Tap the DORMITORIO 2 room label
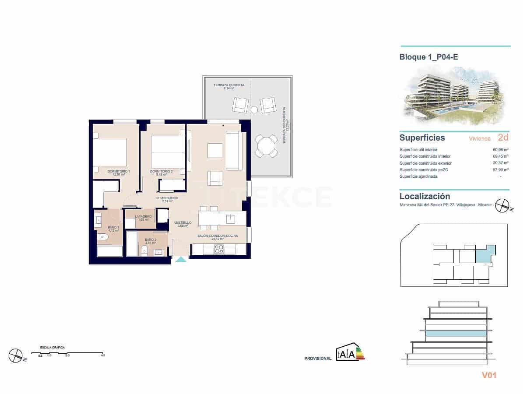coord(161,171)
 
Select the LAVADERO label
coord(143,217)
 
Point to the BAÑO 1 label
coord(113,228)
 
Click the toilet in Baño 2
coord(144,250)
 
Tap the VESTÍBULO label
coord(183,223)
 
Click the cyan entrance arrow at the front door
coord(181,259)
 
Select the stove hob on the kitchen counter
coord(218,249)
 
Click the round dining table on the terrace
coord(266,146)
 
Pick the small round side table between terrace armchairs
coord(254,109)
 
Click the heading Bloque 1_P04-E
coord(428,57)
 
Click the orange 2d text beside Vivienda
coord(503,137)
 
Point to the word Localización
coord(425,197)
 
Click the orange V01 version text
coord(489,375)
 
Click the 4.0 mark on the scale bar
coord(103,355)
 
